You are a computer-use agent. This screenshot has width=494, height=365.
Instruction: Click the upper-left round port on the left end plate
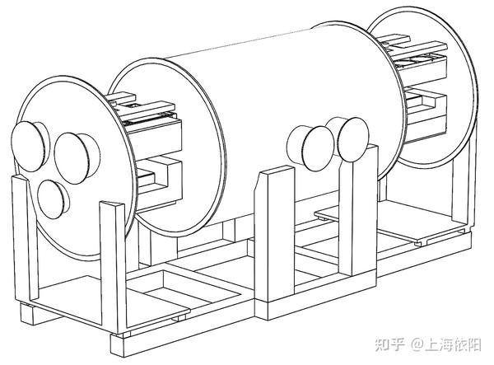coord(28,147)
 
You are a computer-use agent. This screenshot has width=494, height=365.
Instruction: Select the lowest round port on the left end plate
coord(52,199)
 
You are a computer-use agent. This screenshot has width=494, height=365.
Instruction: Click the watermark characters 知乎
coord(389,344)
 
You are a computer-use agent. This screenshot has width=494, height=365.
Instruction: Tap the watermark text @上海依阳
coord(445,344)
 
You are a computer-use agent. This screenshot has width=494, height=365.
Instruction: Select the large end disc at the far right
coord(422,88)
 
